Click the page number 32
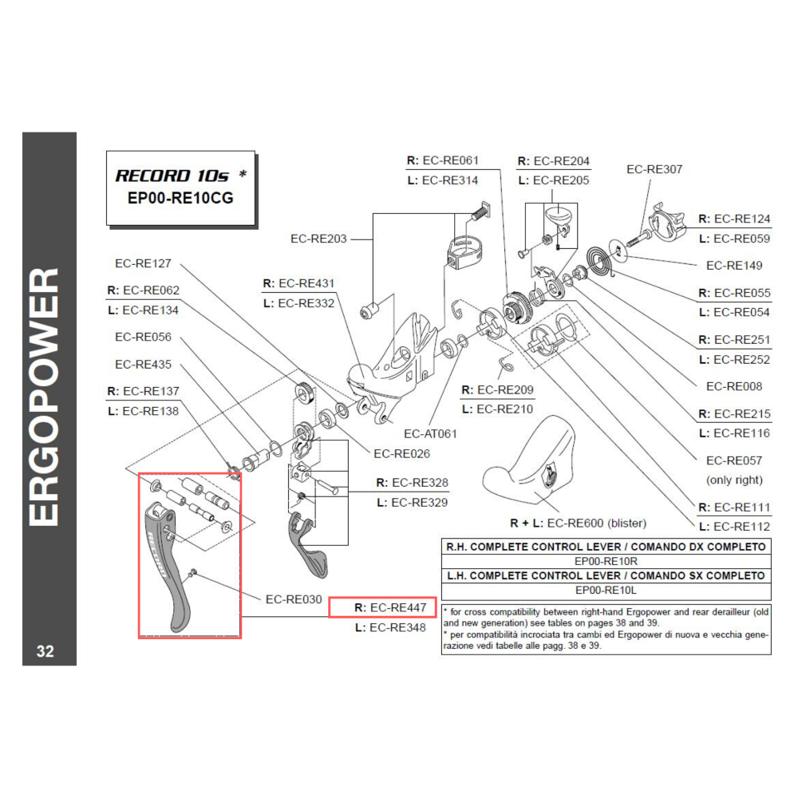pyautogui.click(x=45, y=651)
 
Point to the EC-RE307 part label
pyautogui.click(x=654, y=169)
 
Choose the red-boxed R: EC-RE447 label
pyautogui.click(x=384, y=608)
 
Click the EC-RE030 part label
pyautogui.click(x=294, y=598)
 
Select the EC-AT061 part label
pyautogui.click(x=430, y=434)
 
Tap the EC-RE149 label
pyautogui.click(x=734, y=265)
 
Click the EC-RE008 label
pyautogui.click(x=734, y=386)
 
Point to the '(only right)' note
pyautogui.click(x=734, y=480)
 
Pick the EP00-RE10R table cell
pyautogui.click(x=606, y=561)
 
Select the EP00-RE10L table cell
pyautogui.click(x=606, y=591)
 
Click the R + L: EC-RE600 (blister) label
pyautogui.click(x=578, y=523)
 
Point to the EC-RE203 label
pyautogui.click(x=318, y=238)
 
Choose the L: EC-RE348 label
pyautogui.click(x=390, y=628)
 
